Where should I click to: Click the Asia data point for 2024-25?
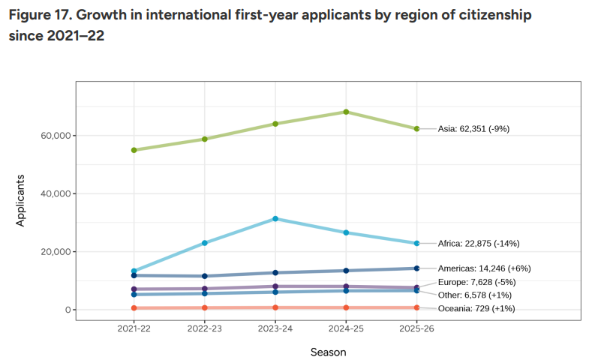(346, 112)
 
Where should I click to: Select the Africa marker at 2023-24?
(275, 218)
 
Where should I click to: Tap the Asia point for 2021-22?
(134, 150)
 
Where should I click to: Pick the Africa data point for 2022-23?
(204, 243)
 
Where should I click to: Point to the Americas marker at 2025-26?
(416, 268)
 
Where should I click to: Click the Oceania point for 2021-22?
(134, 308)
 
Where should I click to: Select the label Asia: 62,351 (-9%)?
(473, 129)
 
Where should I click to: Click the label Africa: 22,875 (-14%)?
(478, 244)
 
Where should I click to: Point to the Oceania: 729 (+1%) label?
(476, 308)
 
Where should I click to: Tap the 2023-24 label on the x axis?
(275, 328)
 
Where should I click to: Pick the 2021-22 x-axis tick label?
(134, 328)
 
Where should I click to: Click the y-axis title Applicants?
(21, 200)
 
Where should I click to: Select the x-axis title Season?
(328, 350)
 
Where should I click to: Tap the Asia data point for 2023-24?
(275, 124)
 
